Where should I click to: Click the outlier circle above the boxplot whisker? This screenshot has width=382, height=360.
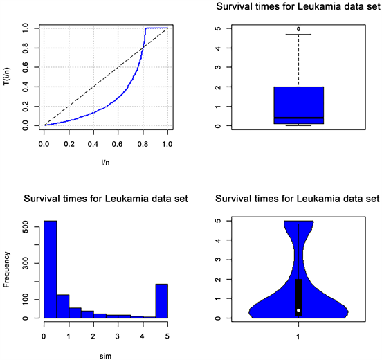pos(298,29)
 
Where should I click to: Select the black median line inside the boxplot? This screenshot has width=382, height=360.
pos(298,118)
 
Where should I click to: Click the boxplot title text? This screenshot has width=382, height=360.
pos(298,8)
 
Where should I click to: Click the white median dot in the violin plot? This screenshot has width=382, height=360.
pos(298,310)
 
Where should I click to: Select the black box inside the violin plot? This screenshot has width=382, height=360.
pos(298,294)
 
